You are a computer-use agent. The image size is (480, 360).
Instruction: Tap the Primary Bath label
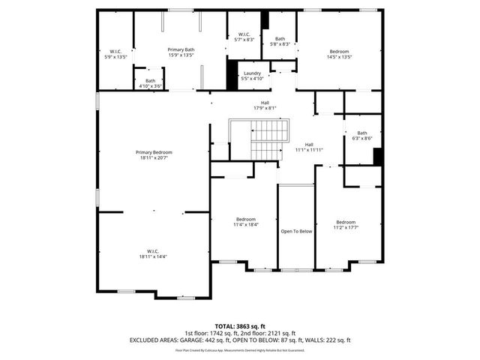click(x=181, y=49)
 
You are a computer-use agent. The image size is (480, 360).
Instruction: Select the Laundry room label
click(x=252, y=73)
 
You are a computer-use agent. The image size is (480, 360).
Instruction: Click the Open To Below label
click(x=296, y=231)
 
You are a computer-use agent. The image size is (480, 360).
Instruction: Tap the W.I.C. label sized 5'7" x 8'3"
click(x=244, y=34)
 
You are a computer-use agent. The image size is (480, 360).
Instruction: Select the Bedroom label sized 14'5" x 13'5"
click(x=338, y=52)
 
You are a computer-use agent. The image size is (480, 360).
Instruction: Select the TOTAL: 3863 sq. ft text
click(x=240, y=326)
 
